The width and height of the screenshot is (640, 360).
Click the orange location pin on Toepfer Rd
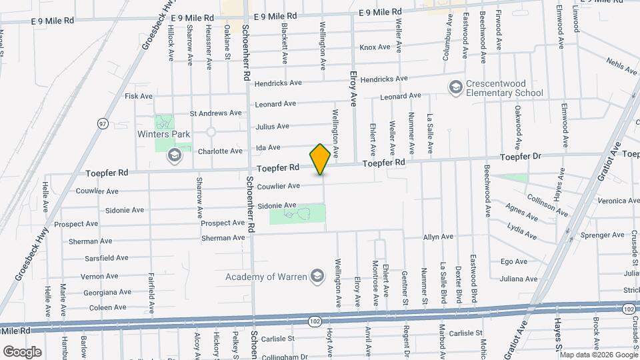(x=320, y=159)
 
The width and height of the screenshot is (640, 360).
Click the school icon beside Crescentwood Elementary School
(x=456, y=87)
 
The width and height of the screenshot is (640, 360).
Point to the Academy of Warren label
(x=266, y=277)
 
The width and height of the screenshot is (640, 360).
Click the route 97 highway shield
(x=103, y=123)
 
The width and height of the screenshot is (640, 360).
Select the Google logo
(x=22, y=351)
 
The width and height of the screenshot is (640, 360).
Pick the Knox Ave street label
(x=375, y=47)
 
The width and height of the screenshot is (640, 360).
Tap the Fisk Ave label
(x=139, y=96)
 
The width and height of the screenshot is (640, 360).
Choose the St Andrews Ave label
(x=216, y=113)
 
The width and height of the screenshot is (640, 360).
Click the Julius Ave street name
(x=273, y=126)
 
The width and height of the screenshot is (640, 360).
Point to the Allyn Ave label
(x=438, y=237)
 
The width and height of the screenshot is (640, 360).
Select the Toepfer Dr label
(x=519, y=157)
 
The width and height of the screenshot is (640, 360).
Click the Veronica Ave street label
(x=618, y=201)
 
